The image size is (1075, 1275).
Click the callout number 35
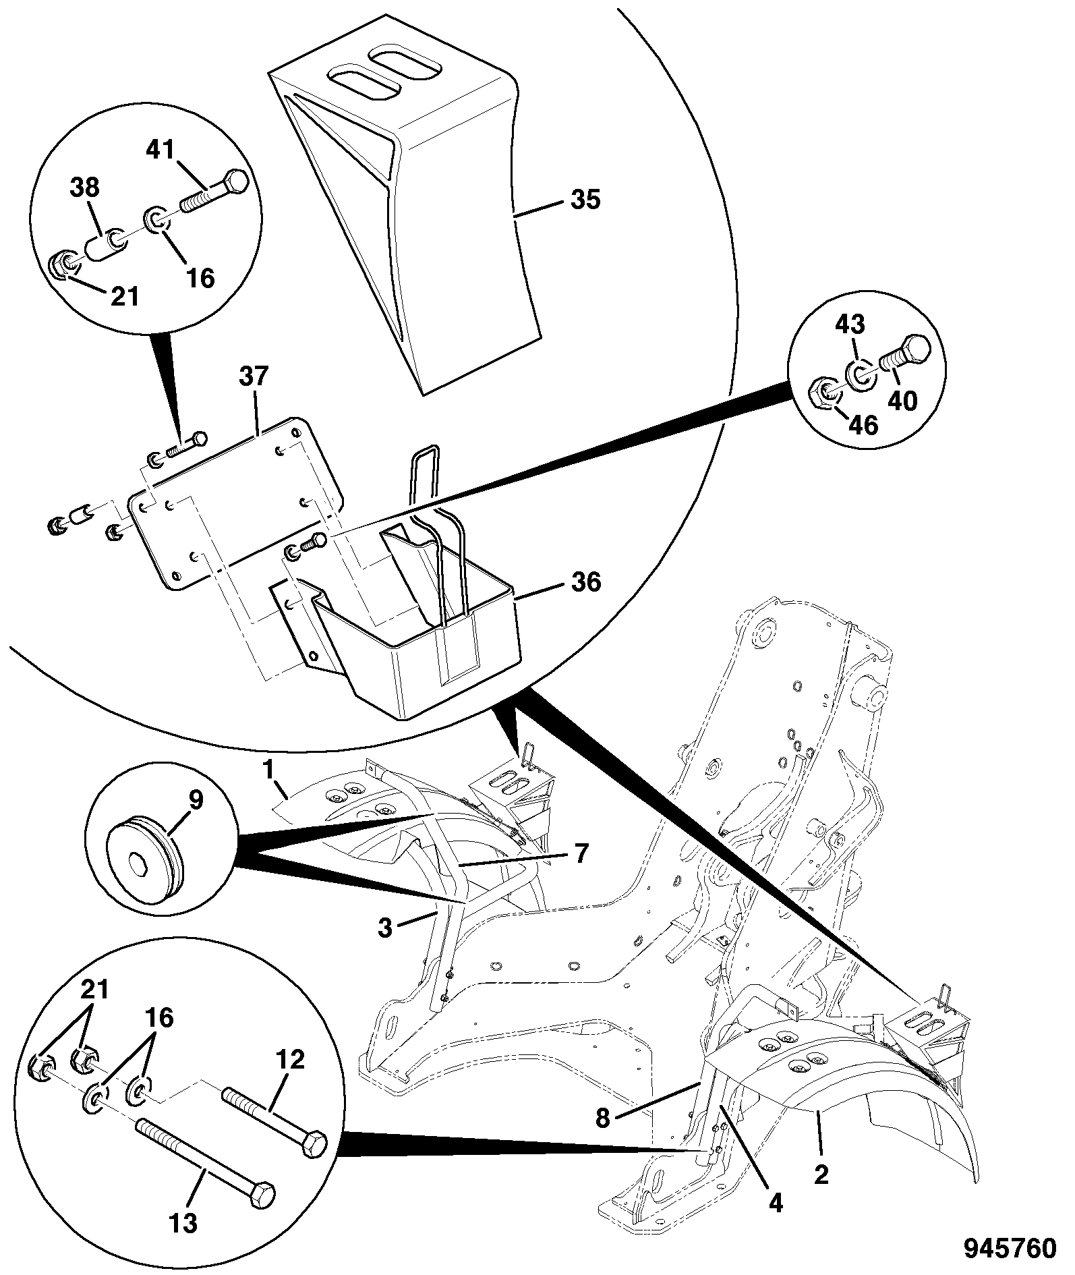tap(585, 200)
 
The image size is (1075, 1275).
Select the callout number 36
tap(585, 582)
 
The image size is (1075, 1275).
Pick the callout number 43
tap(850, 325)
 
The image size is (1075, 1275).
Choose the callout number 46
tap(863, 426)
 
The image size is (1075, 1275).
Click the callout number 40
tap(902, 402)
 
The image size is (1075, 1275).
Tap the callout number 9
tap(195, 801)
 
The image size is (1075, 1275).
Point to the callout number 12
tap(289, 1060)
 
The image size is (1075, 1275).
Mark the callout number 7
tap(581, 854)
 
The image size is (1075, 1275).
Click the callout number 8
tap(602, 1119)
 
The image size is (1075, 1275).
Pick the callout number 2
tap(821, 1174)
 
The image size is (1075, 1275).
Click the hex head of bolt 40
tap(916, 349)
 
